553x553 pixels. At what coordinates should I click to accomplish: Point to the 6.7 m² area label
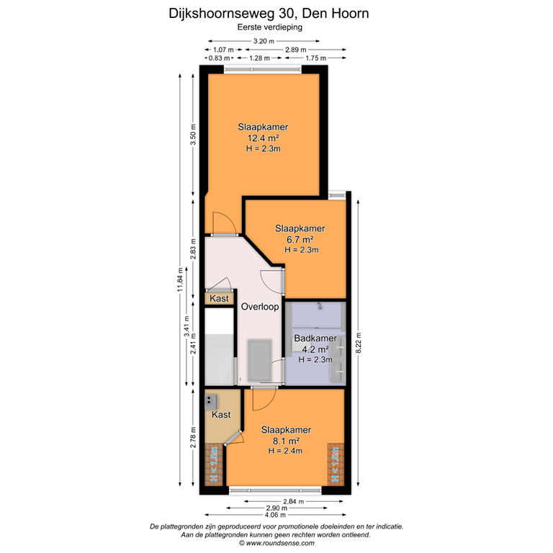pyautogui.click(x=300, y=239)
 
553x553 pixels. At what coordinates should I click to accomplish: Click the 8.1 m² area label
pyautogui.click(x=284, y=440)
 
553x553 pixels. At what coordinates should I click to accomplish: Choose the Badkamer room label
pyautogui.click(x=315, y=338)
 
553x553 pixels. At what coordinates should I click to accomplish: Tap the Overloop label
pyautogui.click(x=260, y=306)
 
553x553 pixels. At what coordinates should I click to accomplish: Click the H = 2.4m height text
pyautogui.click(x=284, y=451)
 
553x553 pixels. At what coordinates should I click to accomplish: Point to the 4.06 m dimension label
pyautogui.click(x=275, y=515)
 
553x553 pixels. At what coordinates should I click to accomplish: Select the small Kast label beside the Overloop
pyautogui.click(x=219, y=299)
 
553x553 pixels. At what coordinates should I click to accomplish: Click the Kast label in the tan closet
pyautogui.click(x=221, y=415)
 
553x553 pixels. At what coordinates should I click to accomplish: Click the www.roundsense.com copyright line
pyautogui.click(x=276, y=543)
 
